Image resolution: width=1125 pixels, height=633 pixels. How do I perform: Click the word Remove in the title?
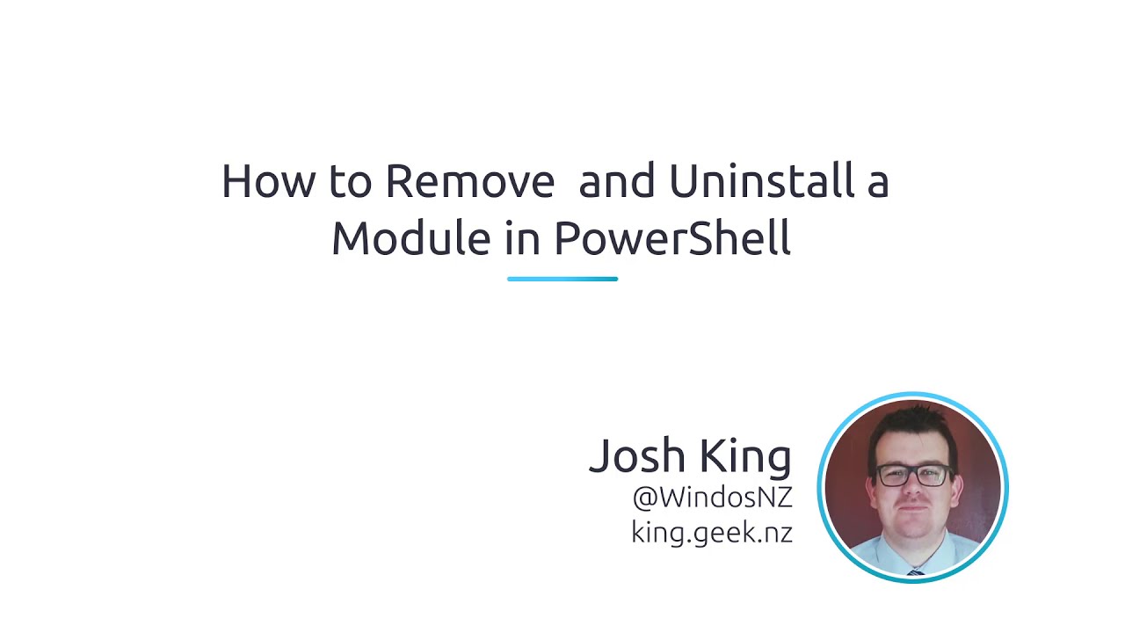pos(469,181)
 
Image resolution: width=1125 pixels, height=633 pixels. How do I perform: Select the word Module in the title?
pos(410,238)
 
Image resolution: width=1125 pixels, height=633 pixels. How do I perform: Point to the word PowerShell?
pos(672,238)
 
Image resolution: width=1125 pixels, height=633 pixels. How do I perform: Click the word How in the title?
pos(269,181)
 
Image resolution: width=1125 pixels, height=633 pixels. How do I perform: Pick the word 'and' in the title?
pos(617,181)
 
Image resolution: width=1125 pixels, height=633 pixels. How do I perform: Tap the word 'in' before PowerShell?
pos(522,238)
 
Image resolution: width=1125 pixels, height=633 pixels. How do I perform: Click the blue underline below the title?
pos(562,279)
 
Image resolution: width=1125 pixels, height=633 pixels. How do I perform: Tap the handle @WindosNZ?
pos(712,498)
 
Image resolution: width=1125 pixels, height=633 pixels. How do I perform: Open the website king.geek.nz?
pos(712,532)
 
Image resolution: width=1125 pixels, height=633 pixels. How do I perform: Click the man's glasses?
pos(912,476)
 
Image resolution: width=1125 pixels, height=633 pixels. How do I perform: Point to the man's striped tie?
pos(915,571)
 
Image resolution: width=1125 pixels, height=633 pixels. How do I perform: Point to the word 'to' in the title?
pos(351,181)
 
